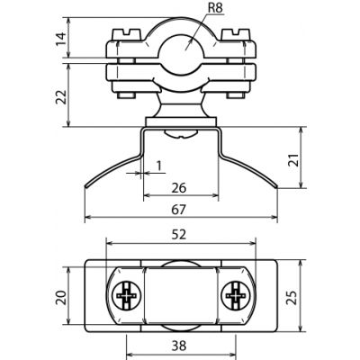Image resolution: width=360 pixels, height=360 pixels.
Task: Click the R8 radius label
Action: click(x=215, y=8)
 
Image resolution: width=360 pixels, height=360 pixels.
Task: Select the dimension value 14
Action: click(x=61, y=39)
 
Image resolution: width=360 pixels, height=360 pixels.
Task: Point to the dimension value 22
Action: click(x=61, y=96)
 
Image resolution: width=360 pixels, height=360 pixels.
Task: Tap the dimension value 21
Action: click(x=294, y=160)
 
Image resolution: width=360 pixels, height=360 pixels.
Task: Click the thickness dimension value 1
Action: click(x=159, y=166)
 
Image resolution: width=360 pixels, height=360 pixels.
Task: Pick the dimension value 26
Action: click(x=179, y=188)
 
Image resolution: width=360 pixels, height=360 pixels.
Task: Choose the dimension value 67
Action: click(x=179, y=210)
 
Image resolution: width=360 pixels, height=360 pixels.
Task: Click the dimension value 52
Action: click(x=179, y=234)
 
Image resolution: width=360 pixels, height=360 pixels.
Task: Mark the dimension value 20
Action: click(x=61, y=297)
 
